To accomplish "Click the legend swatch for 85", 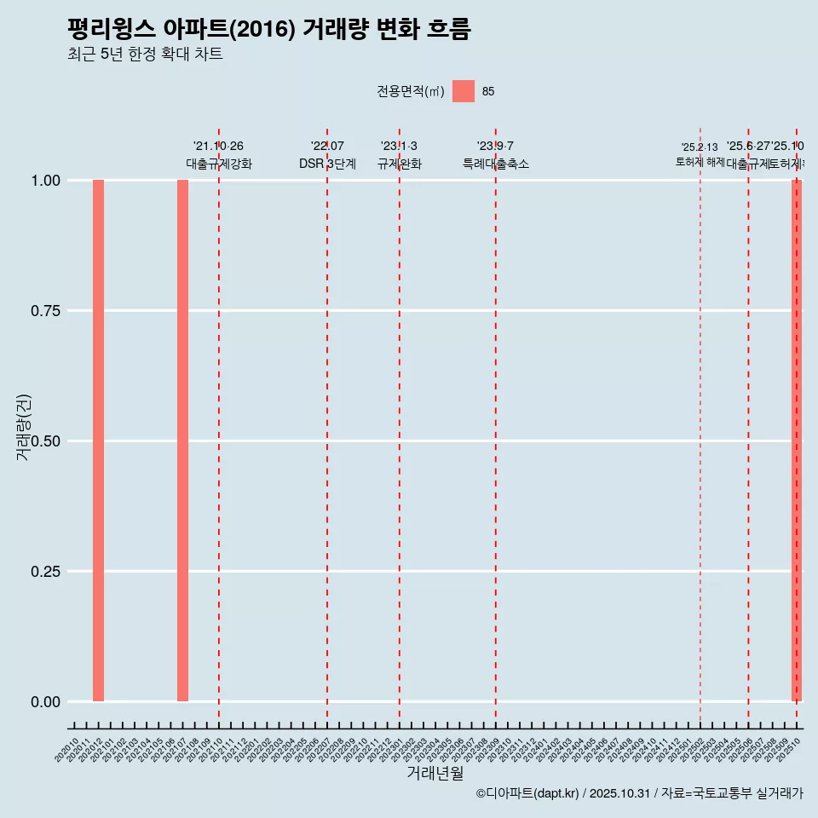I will (x=463, y=91).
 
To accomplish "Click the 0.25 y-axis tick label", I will (x=47, y=572).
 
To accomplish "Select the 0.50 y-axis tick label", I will (x=47, y=441).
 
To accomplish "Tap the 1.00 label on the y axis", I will (x=47, y=181).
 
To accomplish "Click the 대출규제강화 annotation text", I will (x=219, y=164).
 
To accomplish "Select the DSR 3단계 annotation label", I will (x=327, y=164).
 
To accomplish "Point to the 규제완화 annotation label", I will (x=400, y=164).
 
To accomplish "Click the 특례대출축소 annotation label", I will (x=496, y=164).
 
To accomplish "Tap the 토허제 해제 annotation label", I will (x=700, y=161).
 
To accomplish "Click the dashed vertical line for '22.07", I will (x=327, y=426).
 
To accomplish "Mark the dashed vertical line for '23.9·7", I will (x=496, y=426).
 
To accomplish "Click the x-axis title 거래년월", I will (x=435, y=773).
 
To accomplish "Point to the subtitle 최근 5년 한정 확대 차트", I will (x=145, y=55).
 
